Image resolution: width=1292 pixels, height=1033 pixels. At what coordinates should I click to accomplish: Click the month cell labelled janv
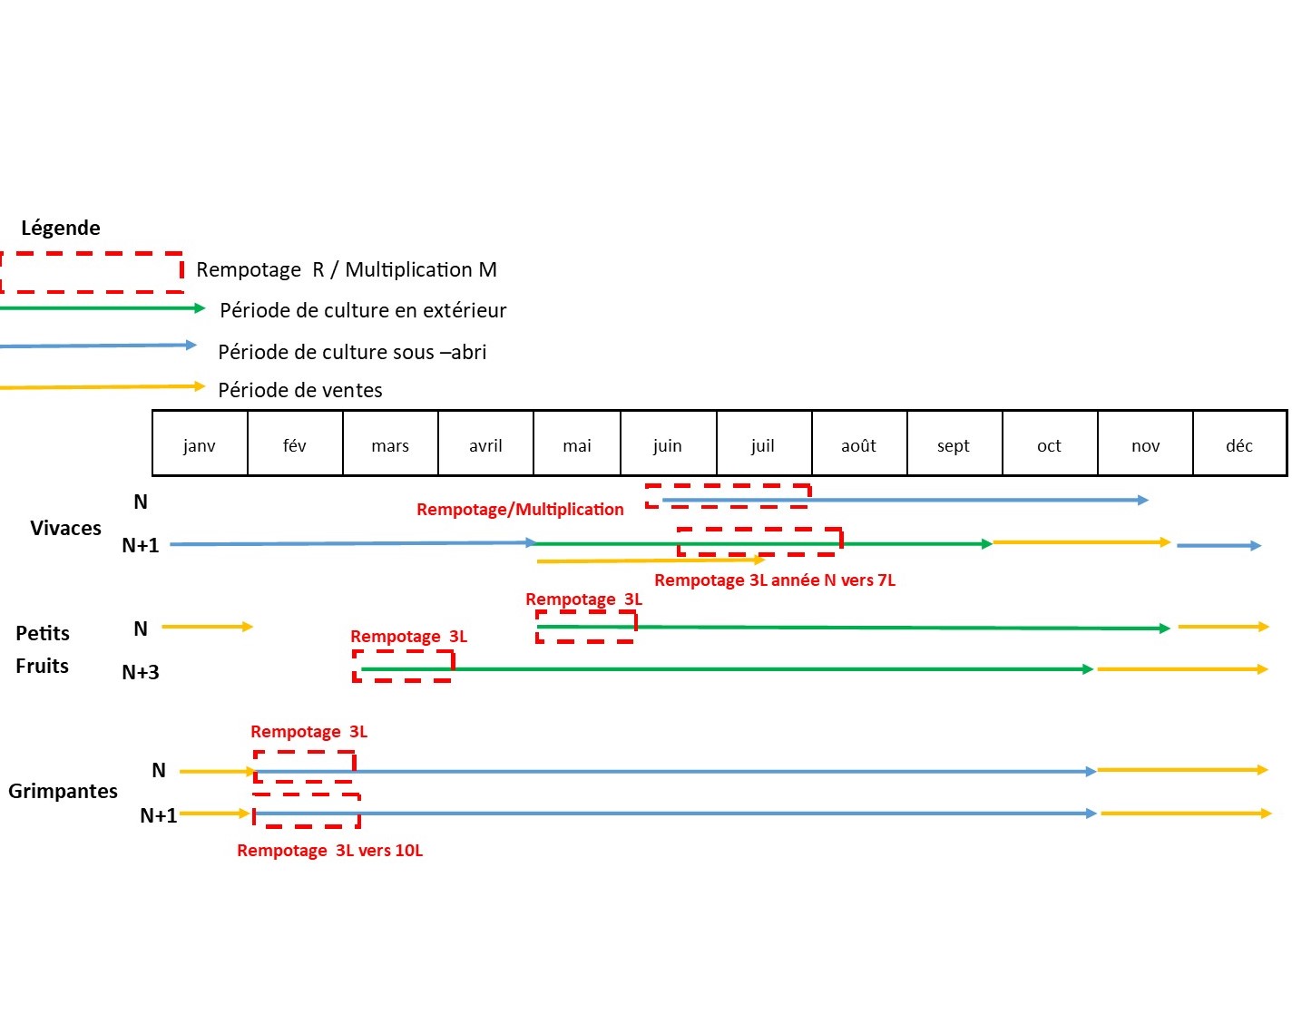pos(200,444)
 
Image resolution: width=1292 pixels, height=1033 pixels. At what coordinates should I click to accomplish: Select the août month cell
pos(858,444)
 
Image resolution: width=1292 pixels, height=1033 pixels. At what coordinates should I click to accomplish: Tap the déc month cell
pos(1238,444)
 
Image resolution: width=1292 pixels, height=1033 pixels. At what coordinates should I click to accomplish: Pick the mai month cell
pos(576,444)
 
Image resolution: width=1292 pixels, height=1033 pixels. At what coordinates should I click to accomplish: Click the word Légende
pos(61,228)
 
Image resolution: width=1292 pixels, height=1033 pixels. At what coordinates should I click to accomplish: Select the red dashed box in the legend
pos(92,272)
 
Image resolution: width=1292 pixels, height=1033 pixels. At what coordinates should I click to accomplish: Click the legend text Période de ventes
pos(299,390)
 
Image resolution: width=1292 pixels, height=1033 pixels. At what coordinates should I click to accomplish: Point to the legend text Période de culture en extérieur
pos(363,310)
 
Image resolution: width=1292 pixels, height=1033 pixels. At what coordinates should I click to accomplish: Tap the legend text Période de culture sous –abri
pos(352,352)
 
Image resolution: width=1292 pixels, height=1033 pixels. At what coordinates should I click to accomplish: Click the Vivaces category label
pos(65,528)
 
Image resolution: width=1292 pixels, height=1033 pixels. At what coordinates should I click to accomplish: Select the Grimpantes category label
pos(63,791)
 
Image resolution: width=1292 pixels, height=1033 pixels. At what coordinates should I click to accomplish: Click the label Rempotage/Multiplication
pos(520,510)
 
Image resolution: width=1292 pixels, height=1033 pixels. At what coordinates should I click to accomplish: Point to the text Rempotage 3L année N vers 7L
pos(774,580)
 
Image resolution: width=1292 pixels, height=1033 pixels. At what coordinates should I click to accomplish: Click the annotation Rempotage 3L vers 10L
pos(329,851)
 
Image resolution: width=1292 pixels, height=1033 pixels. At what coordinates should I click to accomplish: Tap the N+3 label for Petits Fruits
pos(141,672)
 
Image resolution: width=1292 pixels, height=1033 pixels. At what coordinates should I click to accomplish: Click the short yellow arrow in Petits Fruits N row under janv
pos(207,627)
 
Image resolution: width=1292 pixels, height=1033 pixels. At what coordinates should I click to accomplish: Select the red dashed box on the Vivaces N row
pos(728,495)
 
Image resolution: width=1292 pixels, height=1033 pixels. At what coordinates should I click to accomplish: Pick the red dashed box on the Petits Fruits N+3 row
pos(403,666)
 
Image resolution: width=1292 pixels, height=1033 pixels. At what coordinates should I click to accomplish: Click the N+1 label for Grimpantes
pos(158,815)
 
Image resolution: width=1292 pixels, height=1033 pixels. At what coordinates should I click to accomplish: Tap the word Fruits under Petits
pos(42,666)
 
